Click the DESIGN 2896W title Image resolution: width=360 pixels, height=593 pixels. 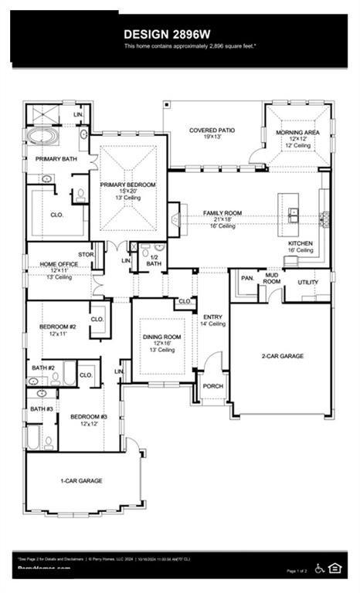pos(179,35)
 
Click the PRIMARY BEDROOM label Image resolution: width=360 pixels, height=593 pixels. pos(128,185)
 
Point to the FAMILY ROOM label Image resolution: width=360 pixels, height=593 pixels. pos(222,212)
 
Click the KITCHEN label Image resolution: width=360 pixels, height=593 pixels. pos(301,243)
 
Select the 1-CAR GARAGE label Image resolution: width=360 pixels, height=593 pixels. pos(82,480)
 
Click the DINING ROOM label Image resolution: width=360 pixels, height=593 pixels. pos(161,337)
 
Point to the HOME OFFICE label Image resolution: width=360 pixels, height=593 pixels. pos(59,265)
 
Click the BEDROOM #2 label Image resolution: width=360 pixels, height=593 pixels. pos(59,327)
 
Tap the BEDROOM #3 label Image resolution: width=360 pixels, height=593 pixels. pos(89,417)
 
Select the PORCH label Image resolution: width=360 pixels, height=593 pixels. pos(212,386)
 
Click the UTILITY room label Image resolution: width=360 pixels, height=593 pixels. pos(308,283)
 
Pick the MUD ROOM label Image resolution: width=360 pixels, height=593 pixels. pos(272,278)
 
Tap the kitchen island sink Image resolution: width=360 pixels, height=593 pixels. pos(294,214)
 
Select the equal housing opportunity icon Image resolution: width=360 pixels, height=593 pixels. pos(335,568)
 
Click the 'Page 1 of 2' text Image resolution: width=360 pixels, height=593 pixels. pos(297,571)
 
